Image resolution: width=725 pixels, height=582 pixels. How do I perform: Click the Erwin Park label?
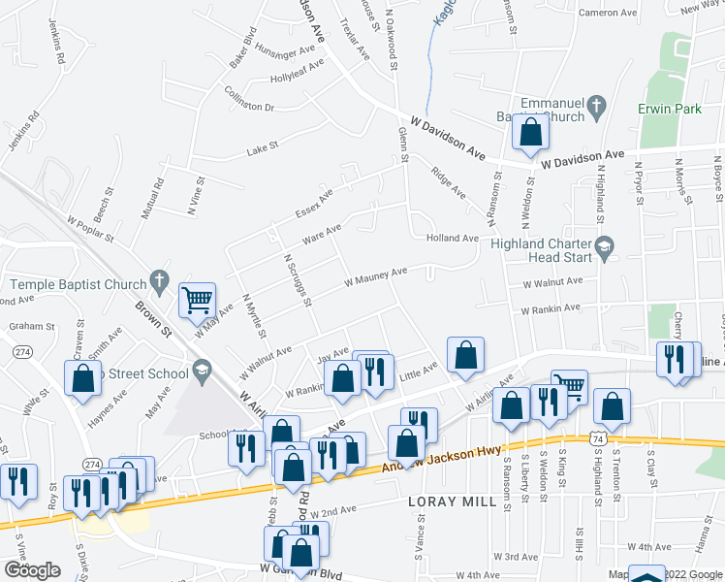click(669, 110)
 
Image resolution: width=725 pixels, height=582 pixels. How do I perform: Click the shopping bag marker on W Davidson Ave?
click(530, 134)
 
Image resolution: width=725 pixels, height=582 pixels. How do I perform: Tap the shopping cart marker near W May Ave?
click(197, 299)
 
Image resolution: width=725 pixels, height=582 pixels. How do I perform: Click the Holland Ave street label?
click(451, 238)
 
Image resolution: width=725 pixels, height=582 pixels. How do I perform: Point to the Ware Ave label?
click(322, 234)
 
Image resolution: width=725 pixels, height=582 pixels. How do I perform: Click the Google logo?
click(31, 570)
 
